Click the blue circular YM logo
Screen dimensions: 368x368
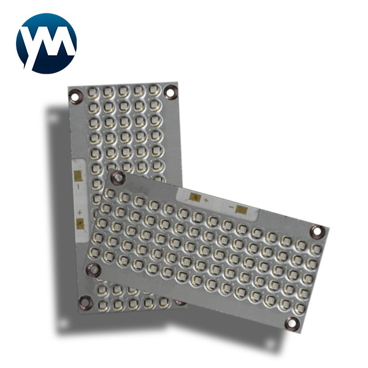click(x=47, y=43)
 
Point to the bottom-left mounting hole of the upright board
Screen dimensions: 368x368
click(x=85, y=300)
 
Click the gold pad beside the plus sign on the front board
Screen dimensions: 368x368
click(x=194, y=198)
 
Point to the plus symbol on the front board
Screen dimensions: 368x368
click(x=205, y=201)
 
